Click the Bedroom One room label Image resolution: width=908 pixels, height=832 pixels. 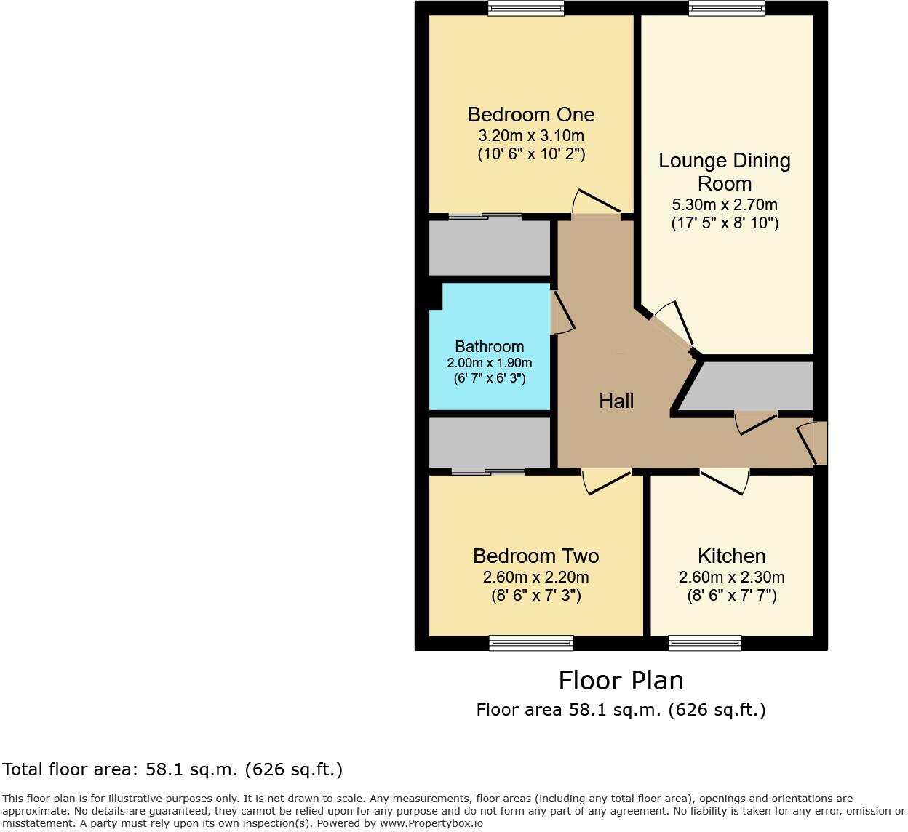(x=530, y=114)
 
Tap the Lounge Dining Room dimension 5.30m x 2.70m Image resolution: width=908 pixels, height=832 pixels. (x=724, y=204)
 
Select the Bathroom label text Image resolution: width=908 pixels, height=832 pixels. (x=489, y=346)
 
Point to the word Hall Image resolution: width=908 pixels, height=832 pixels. (x=616, y=401)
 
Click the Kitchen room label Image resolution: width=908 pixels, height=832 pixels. (x=731, y=556)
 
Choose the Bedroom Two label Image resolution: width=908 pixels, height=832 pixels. (x=535, y=556)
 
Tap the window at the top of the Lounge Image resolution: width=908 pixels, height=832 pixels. (x=726, y=9)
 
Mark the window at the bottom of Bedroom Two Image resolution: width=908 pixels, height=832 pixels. (x=531, y=643)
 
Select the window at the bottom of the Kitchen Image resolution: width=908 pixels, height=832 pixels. (x=704, y=643)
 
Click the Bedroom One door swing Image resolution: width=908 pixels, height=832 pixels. (x=596, y=204)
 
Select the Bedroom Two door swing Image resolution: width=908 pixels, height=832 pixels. (x=606, y=482)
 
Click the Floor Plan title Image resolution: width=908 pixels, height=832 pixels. (x=621, y=681)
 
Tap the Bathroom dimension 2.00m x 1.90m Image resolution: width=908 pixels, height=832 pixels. (x=489, y=363)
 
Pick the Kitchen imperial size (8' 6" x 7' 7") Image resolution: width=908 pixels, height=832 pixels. (x=731, y=596)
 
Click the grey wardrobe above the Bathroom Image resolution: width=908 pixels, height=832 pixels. (x=489, y=248)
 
